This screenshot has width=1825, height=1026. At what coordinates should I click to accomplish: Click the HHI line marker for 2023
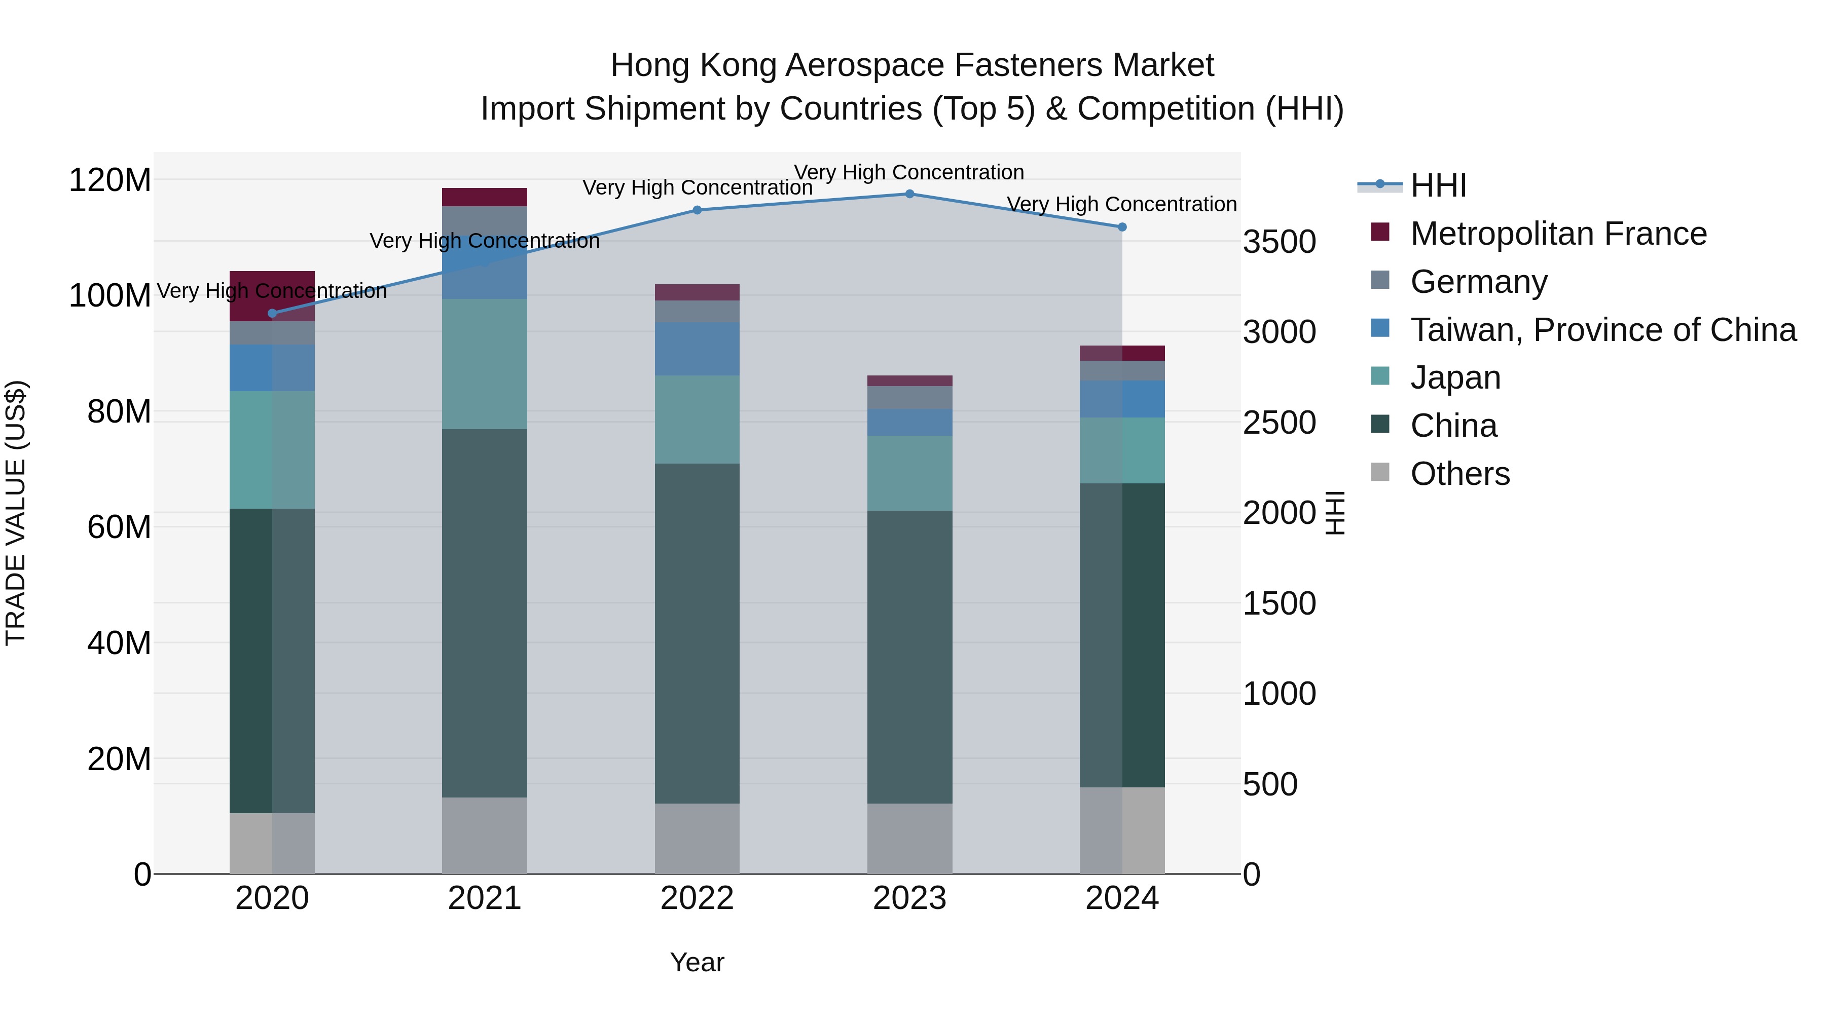pyautogui.click(x=909, y=194)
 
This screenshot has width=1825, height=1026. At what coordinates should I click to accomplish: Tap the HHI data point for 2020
pyautogui.click(x=272, y=313)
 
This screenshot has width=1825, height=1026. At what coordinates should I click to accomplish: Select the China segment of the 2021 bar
pyautogui.click(x=485, y=613)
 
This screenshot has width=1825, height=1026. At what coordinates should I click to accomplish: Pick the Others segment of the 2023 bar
pyautogui.click(x=909, y=839)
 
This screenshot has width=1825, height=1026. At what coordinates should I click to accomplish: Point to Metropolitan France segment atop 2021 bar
pyautogui.click(x=485, y=197)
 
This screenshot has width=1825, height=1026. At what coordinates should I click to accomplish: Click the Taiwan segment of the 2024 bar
pyautogui.click(x=1122, y=399)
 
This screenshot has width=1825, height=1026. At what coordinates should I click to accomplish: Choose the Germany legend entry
pyautogui.click(x=1479, y=282)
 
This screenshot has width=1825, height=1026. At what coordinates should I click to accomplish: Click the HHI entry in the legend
pyautogui.click(x=1438, y=185)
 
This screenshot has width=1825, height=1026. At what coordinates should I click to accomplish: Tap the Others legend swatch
pyautogui.click(x=1380, y=472)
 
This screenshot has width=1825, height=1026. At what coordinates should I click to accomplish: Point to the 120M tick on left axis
pyautogui.click(x=110, y=180)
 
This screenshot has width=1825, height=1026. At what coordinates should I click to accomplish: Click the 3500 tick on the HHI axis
pyautogui.click(x=1280, y=242)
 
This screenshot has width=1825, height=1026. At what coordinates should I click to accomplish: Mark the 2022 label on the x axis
pyautogui.click(x=697, y=898)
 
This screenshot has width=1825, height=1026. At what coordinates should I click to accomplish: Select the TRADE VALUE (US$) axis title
pyautogui.click(x=16, y=513)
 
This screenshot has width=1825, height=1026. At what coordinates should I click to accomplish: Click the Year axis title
pyautogui.click(x=697, y=962)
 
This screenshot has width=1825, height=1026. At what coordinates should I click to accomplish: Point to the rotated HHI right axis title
pyautogui.click(x=1334, y=513)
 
